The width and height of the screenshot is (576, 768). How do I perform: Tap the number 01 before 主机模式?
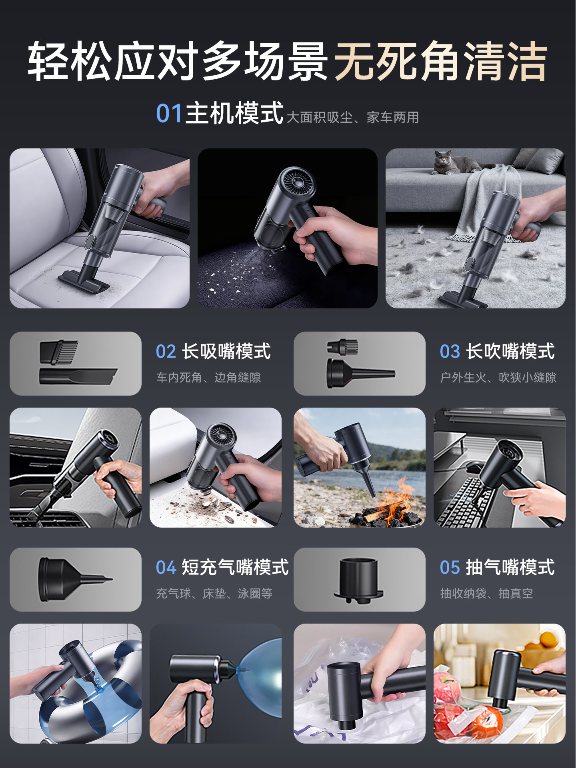(x=169, y=114)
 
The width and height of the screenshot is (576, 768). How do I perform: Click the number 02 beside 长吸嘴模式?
(x=166, y=352)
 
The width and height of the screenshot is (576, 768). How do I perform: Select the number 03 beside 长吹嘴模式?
(x=450, y=352)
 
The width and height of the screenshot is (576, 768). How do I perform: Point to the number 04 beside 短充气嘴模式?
(x=166, y=568)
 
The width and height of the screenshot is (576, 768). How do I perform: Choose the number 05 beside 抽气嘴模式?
(x=450, y=568)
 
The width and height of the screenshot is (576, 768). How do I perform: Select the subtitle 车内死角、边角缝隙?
(x=208, y=378)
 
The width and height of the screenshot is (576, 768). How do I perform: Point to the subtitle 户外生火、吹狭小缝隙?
(x=498, y=378)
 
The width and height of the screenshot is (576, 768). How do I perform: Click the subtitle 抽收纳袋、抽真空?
(x=486, y=594)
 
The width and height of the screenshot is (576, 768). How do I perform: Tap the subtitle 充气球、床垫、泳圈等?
(x=214, y=594)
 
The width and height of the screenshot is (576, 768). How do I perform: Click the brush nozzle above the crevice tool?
(x=59, y=352)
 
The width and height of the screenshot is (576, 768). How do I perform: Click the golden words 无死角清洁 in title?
(x=440, y=61)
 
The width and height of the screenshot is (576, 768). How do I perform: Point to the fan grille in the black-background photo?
(x=298, y=182)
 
